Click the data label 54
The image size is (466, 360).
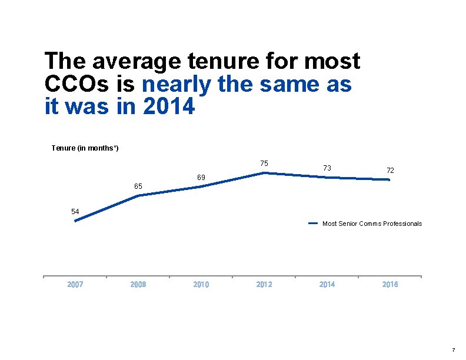point(75,211)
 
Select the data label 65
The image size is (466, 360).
point(138,186)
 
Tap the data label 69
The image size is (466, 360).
point(201,177)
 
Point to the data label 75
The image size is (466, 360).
point(264,164)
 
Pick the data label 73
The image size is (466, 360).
point(327,168)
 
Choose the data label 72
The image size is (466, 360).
point(390,170)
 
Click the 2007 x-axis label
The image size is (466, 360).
point(75,285)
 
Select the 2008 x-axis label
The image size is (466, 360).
point(138,285)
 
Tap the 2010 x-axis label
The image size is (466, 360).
point(201,285)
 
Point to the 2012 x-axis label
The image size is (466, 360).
point(264,285)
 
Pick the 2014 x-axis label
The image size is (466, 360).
point(327,285)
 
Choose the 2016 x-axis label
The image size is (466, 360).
point(390,285)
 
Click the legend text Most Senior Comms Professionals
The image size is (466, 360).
point(372,224)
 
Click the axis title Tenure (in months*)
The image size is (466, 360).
point(85,148)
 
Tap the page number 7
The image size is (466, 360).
point(452,350)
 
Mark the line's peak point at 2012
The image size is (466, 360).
point(265,173)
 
